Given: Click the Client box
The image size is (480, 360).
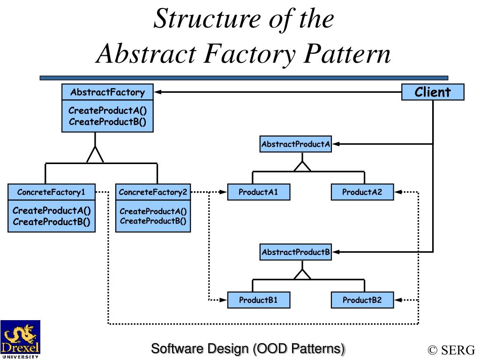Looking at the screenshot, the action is (433, 92).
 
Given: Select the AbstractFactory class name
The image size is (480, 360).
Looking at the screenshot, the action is (107, 92).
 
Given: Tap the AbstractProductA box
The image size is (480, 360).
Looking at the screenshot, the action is (295, 144).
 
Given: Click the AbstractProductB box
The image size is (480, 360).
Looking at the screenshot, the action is (295, 252).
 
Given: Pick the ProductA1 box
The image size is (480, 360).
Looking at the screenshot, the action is (258, 192).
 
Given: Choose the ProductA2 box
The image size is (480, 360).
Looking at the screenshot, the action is (362, 192).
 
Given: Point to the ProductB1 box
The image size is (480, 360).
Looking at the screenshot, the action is (258, 300).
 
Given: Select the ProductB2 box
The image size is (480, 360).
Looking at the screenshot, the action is (362, 300).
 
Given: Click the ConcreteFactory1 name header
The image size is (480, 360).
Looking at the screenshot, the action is (52, 192).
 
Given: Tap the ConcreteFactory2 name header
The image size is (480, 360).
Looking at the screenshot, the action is (153, 192).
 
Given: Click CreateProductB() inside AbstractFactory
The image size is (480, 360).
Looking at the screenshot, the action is (107, 122).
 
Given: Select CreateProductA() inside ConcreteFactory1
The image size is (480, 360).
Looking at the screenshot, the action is (52, 210).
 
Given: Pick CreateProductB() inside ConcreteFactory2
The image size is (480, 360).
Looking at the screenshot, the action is (153, 221).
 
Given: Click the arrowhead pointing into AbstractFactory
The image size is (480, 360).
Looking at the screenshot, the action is (157, 92).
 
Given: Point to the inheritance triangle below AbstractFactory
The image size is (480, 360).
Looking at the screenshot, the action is (95, 155).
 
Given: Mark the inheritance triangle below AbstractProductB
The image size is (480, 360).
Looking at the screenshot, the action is (302, 274).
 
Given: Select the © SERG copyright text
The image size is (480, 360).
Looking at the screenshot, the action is (451, 350).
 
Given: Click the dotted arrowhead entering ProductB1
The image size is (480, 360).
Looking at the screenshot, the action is (223, 300).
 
